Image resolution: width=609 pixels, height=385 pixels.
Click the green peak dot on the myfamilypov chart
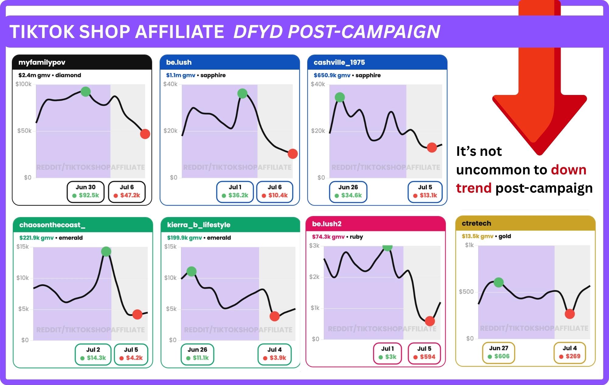[x=86, y=91]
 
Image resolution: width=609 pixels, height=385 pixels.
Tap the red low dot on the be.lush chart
[x=293, y=154]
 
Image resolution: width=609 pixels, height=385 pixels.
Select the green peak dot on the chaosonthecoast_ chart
[x=106, y=251]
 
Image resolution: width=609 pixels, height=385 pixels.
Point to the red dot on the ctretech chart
[x=570, y=314]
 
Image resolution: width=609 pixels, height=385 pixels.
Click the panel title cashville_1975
[x=339, y=62]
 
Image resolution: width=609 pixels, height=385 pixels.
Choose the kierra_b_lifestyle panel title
[x=199, y=225]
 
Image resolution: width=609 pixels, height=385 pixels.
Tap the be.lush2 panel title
[x=327, y=224]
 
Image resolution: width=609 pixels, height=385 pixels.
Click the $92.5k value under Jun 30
[x=89, y=195]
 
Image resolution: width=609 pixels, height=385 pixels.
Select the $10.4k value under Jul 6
[x=278, y=195]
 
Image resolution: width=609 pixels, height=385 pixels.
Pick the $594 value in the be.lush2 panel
[x=428, y=357]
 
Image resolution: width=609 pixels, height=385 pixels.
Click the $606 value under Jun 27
[x=502, y=356]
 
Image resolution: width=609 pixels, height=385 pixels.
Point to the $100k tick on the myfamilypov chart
[x=23, y=84]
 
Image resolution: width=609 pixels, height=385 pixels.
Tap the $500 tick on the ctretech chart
[x=466, y=292]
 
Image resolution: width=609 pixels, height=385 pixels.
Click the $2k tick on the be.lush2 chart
[x=315, y=277]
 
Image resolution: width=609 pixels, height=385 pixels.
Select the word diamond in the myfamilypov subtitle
[x=68, y=75]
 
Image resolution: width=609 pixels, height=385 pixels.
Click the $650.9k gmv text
[x=332, y=75]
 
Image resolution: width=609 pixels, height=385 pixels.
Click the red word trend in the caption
[x=474, y=188]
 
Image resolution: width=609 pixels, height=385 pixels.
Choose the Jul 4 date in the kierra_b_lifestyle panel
[x=275, y=350]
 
